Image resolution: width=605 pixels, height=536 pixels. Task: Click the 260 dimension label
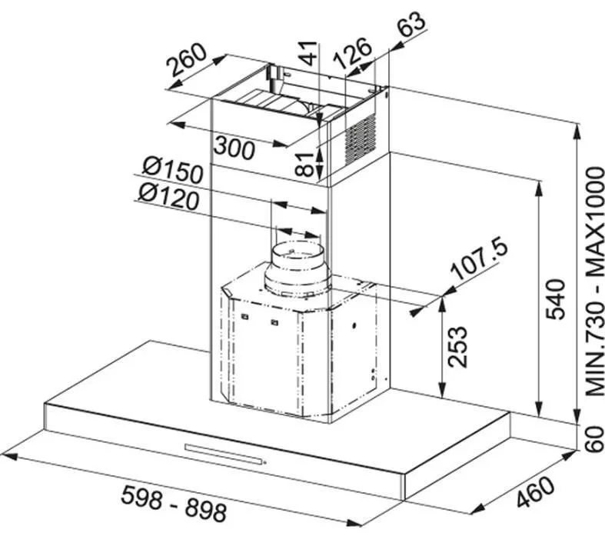click(x=187, y=60)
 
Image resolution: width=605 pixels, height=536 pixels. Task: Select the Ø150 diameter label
click(x=172, y=171)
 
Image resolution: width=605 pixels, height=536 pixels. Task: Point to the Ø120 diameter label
click(x=169, y=196)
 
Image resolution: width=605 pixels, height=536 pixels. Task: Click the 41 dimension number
click(x=308, y=52)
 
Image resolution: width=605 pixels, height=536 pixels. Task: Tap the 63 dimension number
click(x=411, y=24)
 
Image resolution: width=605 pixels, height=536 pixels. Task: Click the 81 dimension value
click(x=307, y=165)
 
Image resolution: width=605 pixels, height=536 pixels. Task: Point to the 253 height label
click(x=457, y=347)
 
